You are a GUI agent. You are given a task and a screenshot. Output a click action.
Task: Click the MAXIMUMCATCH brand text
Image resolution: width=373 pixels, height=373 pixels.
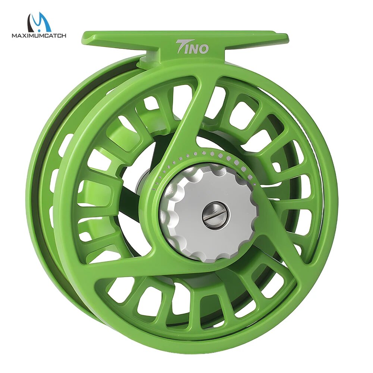coord(39,36)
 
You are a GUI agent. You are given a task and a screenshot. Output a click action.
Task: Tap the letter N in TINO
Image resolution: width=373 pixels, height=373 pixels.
coord(195,48)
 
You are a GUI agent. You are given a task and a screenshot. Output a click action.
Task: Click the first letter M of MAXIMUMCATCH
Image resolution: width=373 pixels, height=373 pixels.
coord(14,36)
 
